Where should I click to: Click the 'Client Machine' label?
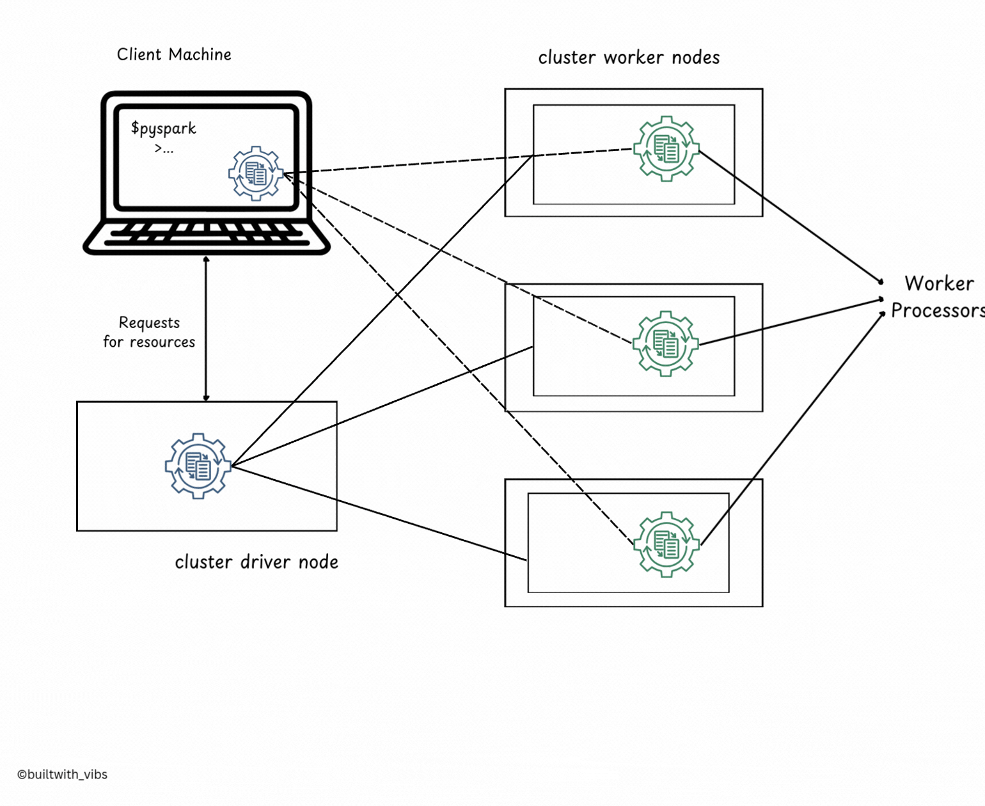click(x=174, y=54)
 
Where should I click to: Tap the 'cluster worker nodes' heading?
click(x=629, y=58)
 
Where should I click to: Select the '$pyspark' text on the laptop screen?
click(x=164, y=129)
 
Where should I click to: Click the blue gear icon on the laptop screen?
click(x=256, y=173)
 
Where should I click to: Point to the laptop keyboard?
click(x=207, y=235)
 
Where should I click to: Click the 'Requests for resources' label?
click(x=149, y=332)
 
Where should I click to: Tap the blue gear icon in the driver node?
click(x=198, y=466)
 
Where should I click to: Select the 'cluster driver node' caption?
click(x=256, y=562)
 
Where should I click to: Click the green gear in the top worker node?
click(x=666, y=148)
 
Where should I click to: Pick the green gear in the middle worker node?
click(x=666, y=344)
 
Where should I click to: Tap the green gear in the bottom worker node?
click(x=666, y=544)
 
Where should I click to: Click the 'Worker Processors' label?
click(x=938, y=297)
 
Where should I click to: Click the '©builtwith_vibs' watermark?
click(x=62, y=774)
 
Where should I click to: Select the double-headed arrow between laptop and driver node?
click(x=206, y=328)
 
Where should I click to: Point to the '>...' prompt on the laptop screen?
click(x=164, y=149)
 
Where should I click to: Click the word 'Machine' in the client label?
click(x=200, y=54)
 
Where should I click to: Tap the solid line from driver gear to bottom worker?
click(x=379, y=512)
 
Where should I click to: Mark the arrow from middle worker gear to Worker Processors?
click(x=792, y=322)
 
